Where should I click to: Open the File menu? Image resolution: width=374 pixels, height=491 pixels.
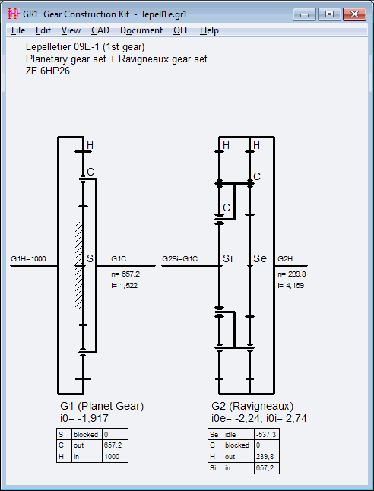18,30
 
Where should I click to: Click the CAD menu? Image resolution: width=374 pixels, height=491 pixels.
100,30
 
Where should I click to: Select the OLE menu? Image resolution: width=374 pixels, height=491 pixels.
182,30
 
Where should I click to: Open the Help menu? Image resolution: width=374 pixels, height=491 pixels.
209,30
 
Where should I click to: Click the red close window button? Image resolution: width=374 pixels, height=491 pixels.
354,14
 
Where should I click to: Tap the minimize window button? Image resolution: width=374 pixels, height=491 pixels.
304,14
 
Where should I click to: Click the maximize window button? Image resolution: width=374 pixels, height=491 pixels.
329,14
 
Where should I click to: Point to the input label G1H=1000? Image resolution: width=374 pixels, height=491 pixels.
28,259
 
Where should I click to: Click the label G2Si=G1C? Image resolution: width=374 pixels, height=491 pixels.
180,259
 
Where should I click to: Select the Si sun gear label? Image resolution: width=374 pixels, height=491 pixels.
228,258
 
